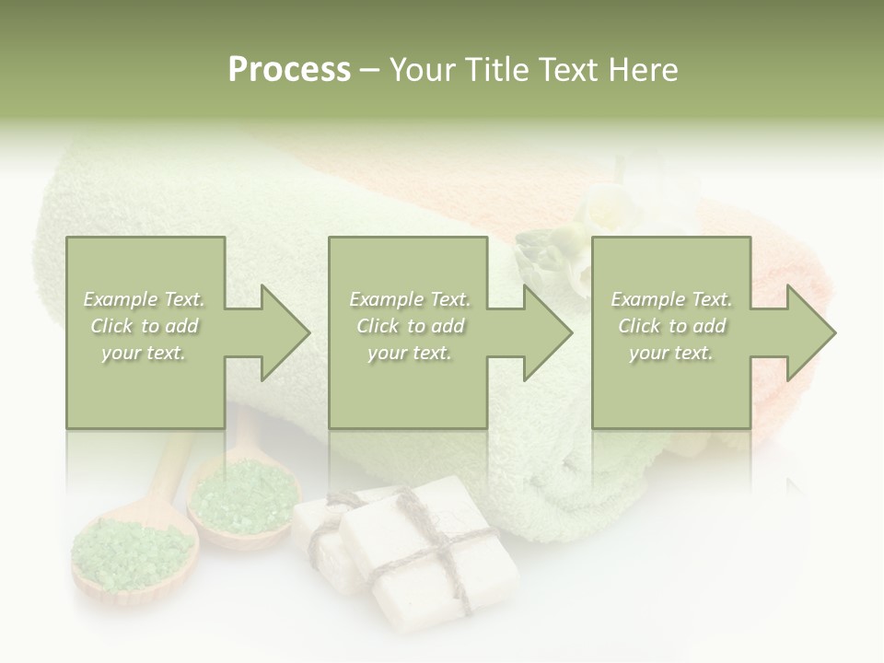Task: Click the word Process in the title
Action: point(289,70)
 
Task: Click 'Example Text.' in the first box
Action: point(145,299)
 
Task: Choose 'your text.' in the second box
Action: point(409,353)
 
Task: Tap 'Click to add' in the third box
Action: point(672,326)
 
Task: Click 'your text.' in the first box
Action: point(145,353)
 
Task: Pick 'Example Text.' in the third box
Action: point(672,299)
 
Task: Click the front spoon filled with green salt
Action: point(134,552)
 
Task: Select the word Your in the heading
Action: point(425,70)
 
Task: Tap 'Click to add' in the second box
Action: point(409,326)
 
